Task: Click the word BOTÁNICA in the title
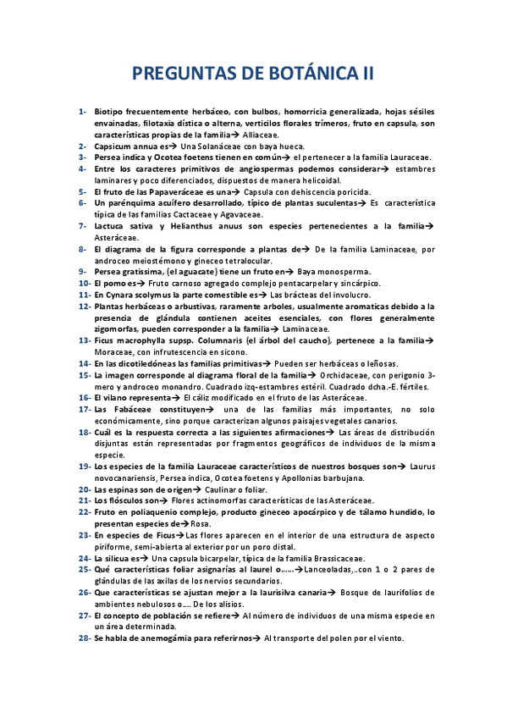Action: pyautogui.click(x=303, y=75)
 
